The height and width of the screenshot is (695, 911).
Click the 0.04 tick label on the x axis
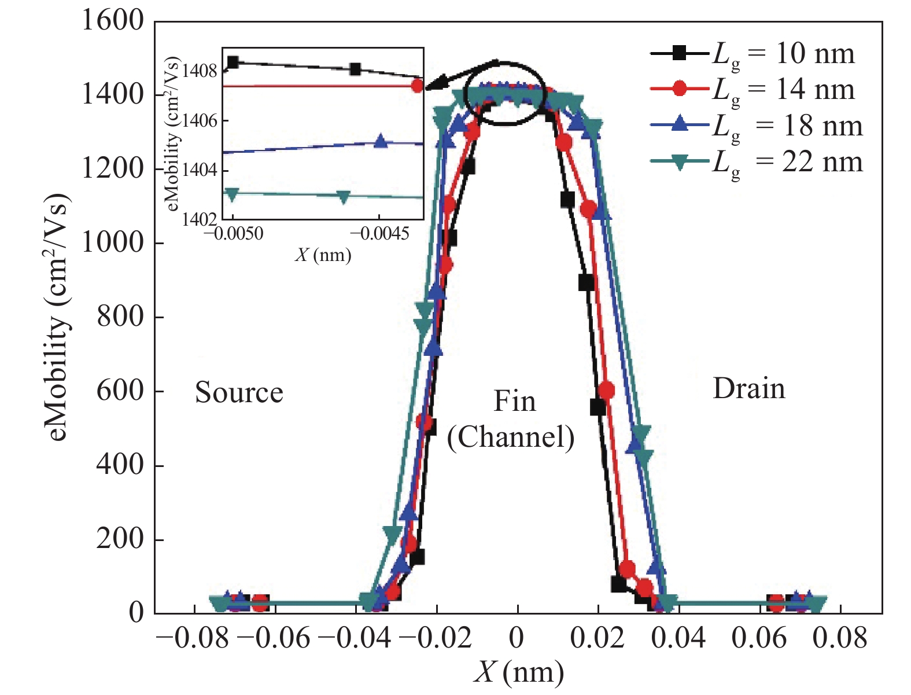(678, 638)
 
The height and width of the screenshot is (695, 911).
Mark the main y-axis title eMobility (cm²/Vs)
(58, 317)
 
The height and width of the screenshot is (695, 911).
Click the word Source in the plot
(239, 393)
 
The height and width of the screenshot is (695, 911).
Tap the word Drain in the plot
(749, 388)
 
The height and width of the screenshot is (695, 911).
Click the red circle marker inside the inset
(418, 86)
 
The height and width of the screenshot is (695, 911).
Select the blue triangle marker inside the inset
(380, 141)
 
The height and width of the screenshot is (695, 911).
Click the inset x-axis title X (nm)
(323, 255)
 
